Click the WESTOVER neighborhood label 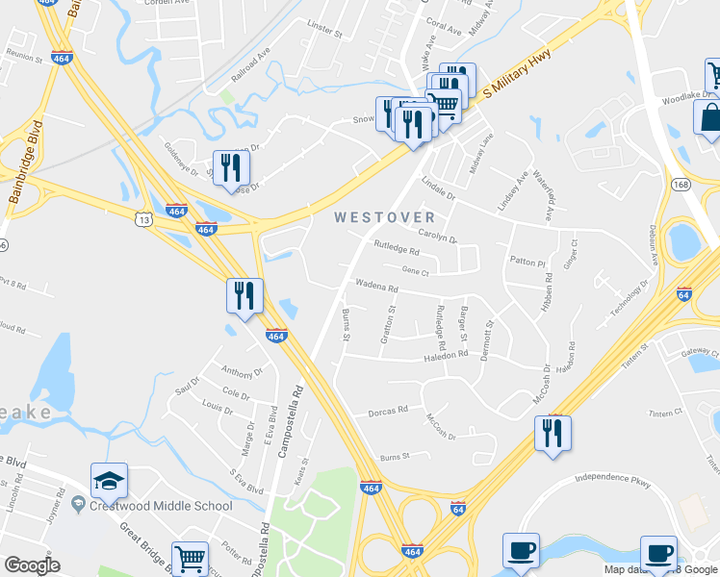[x=384, y=218]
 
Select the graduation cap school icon [x=109, y=480]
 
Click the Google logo [x=31, y=565]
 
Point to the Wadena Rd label [x=376, y=287]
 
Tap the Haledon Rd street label [x=446, y=355]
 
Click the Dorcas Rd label [x=388, y=411]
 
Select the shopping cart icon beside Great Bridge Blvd [x=190, y=557]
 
